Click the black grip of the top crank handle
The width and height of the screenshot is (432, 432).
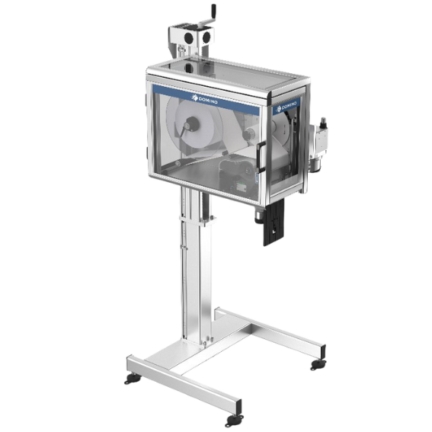click(213, 12)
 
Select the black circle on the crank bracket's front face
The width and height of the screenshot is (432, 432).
click(189, 37)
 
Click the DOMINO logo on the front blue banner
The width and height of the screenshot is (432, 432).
click(205, 99)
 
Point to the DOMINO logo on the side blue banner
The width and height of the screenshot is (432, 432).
click(286, 105)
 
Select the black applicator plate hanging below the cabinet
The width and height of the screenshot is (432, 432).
click(274, 222)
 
